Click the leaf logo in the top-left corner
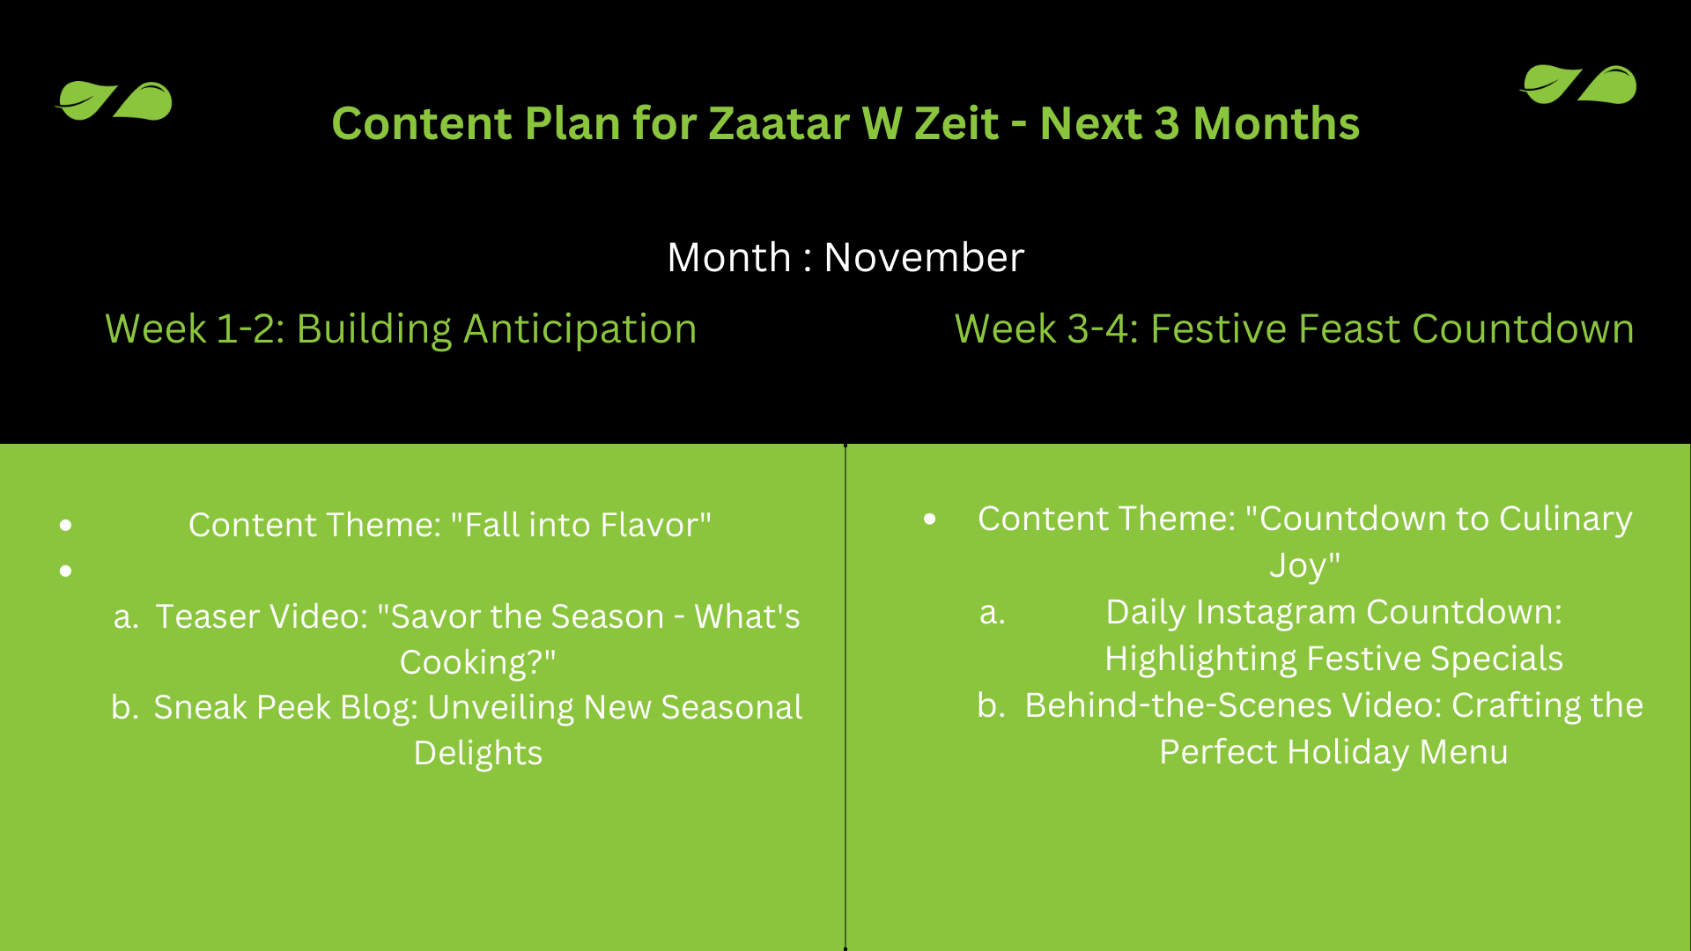click(x=114, y=100)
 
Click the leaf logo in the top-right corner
click(x=1578, y=85)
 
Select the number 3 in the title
click(x=1167, y=123)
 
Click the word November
click(x=924, y=257)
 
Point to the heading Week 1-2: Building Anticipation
click(x=401, y=329)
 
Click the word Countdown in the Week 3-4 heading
click(x=1523, y=329)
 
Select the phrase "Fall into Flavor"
click(x=581, y=525)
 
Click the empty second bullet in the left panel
click(x=66, y=571)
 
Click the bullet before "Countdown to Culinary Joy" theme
click(x=930, y=520)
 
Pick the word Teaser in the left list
click(x=208, y=616)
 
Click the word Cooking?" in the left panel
click(x=478, y=662)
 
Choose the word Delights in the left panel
click(x=478, y=754)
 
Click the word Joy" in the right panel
click(x=1304, y=565)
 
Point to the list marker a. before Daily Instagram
click(x=993, y=613)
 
